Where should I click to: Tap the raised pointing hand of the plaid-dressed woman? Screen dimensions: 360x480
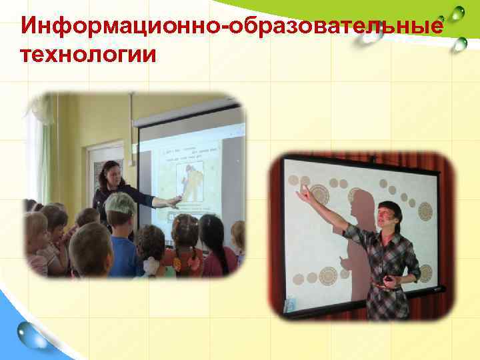(303, 194)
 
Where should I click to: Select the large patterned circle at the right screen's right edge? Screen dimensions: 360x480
(425, 211)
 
